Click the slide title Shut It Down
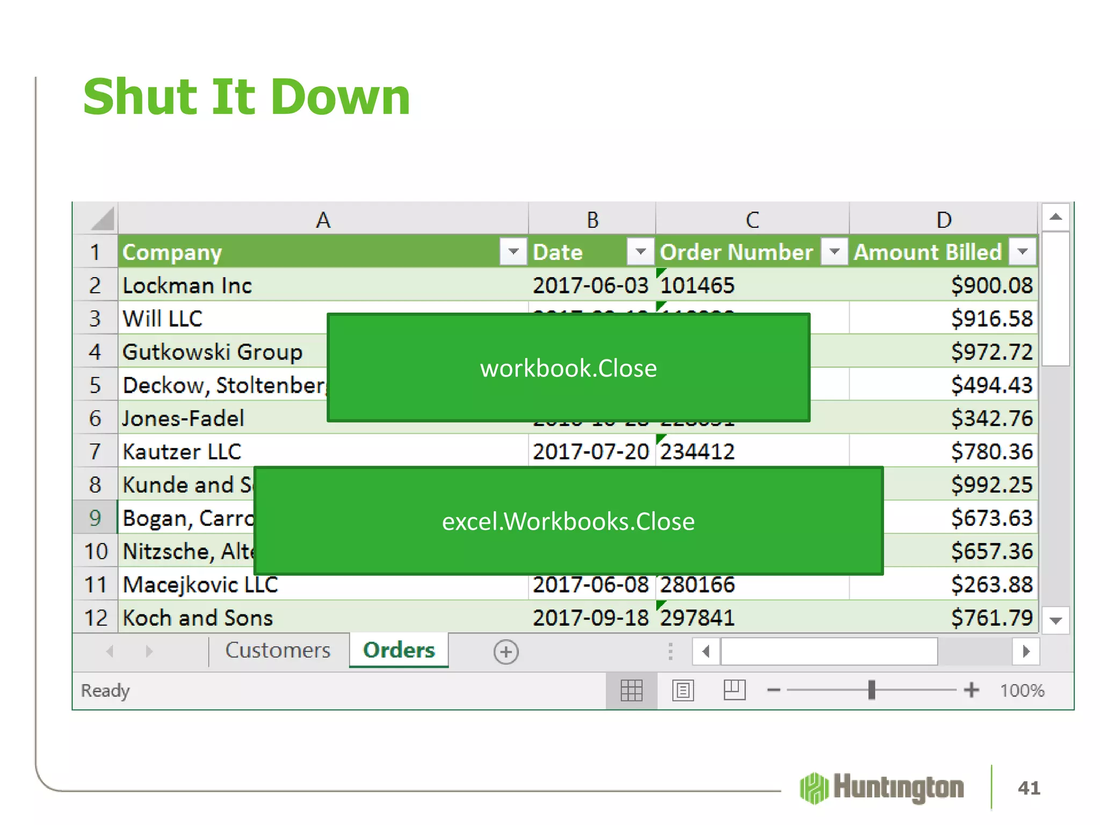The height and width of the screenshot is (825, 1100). (x=247, y=97)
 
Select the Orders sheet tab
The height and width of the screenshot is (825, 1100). (x=399, y=650)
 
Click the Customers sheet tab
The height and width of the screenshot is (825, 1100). (x=278, y=650)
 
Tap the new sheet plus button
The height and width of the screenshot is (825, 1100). (x=506, y=652)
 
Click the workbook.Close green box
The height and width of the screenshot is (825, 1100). (x=568, y=368)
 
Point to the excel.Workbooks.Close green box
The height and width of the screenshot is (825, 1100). (x=568, y=521)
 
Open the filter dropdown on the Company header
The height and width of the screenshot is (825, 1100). (x=513, y=251)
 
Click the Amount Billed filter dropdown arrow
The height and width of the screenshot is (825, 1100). (x=1022, y=251)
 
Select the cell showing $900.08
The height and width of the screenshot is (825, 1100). (x=991, y=285)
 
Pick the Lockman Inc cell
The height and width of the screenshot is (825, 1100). (x=187, y=285)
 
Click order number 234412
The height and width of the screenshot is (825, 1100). (x=697, y=452)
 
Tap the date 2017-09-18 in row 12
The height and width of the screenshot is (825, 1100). (x=590, y=618)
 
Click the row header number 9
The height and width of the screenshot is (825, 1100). (x=95, y=518)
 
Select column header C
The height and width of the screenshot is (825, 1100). (x=752, y=220)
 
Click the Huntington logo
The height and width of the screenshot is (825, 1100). (x=881, y=788)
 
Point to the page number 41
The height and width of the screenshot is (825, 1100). (x=1029, y=788)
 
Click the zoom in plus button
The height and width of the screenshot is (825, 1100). (x=971, y=690)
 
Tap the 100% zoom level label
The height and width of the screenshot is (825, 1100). (x=1022, y=690)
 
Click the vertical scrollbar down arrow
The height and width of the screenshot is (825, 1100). (x=1055, y=621)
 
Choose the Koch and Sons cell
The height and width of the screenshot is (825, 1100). (x=198, y=618)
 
